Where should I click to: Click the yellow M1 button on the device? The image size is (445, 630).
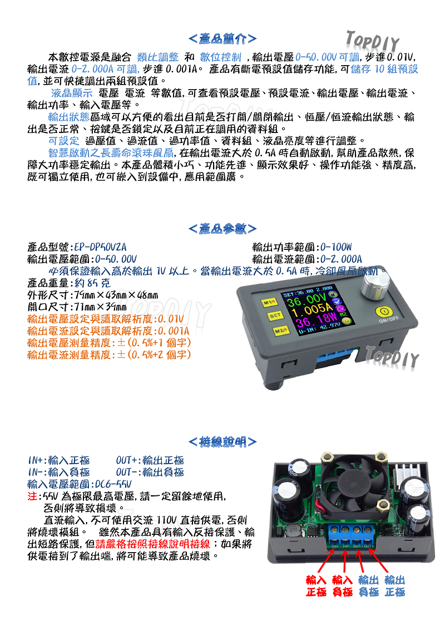[x=269, y=302]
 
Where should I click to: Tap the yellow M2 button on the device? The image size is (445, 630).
[x=279, y=331]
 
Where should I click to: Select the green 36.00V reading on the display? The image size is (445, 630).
[x=308, y=301]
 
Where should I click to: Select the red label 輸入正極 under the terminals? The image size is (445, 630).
[x=317, y=586]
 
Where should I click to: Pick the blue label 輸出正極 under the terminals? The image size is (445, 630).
[x=394, y=586]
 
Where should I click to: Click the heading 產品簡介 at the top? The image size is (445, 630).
[x=222, y=39]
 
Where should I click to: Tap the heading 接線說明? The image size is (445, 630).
[x=222, y=442]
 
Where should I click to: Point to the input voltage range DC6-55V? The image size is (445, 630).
[x=113, y=484]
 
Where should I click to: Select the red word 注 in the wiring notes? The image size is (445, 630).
[x=31, y=496]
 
